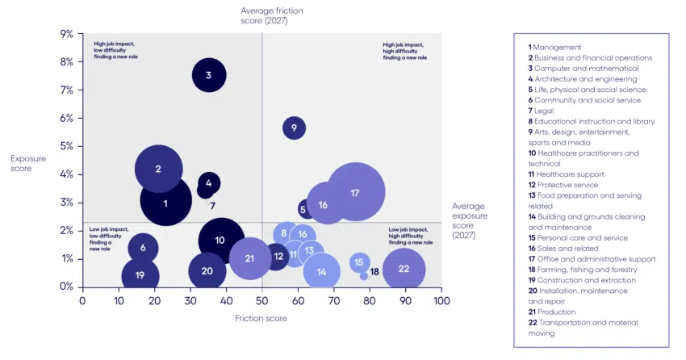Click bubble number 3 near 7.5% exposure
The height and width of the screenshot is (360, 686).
[x=209, y=76]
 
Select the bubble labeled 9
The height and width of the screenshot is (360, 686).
[x=295, y=128]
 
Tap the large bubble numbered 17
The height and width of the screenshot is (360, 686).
[x=355, y=192]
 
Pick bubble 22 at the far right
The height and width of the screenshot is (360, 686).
[x=404, y=270]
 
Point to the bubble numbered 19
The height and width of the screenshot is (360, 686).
[x=140, y=275]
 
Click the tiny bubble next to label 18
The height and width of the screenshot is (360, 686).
[x=364, y=275]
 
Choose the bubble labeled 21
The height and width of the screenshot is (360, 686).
[x=250, y=258]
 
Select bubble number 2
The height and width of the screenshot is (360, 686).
[x=158, y=170]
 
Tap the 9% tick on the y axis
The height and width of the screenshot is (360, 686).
[x=66, y=34]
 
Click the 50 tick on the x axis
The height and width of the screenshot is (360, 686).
[x=262, y=300]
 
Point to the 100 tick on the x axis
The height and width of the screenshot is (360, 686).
[x=441, y=300]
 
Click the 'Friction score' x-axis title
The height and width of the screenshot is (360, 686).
[x=261, y=318]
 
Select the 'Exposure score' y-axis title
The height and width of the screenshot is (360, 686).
[x=28, y=164]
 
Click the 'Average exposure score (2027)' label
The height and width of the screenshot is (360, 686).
[x=469, y=220]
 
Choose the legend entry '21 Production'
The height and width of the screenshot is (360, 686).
[x=552, y=312]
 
